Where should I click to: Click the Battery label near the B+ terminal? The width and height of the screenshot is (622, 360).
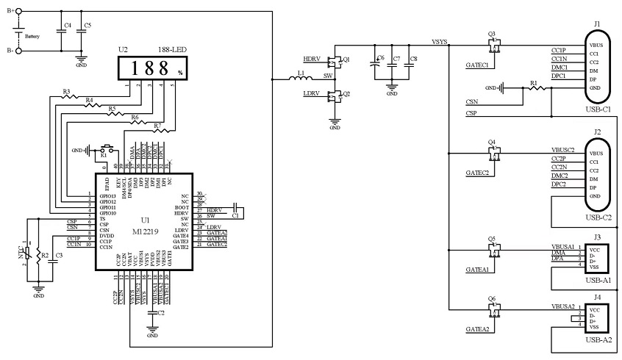32,35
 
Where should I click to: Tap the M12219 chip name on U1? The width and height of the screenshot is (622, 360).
143,231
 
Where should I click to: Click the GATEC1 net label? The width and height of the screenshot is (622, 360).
477,65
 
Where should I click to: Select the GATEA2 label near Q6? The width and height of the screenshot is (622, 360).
477,328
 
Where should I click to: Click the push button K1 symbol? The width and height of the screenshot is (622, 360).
104,148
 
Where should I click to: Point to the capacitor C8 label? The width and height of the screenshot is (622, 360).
413,58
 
